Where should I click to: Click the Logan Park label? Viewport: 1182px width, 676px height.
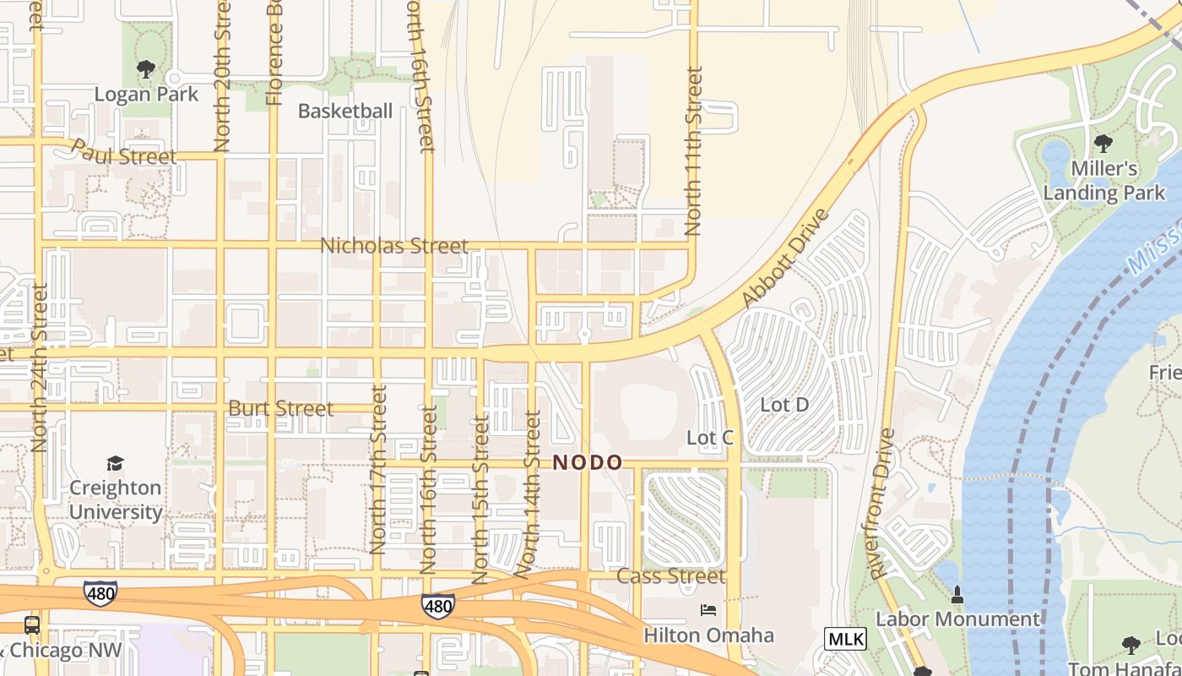(x=146, y=94)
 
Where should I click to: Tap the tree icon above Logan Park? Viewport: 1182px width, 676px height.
(x=146, y=68)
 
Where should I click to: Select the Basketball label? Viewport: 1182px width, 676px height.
(x=345, y=111)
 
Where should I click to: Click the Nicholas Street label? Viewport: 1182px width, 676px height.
(x=394, y=246)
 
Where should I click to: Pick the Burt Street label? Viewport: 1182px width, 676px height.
(x=281, y=408)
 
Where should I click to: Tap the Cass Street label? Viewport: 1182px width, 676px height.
(x=671, y=576)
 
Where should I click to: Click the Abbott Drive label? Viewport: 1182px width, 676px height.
(x=785, y=258)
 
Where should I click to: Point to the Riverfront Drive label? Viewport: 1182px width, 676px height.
(x=883, y=504)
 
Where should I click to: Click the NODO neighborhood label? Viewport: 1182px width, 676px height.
(x=588, y=463)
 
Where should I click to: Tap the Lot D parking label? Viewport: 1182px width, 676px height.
(x=784, y=405)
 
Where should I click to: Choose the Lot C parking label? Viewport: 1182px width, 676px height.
(x=710, y=438)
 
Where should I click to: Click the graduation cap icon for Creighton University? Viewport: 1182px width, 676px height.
(x=116, y=463)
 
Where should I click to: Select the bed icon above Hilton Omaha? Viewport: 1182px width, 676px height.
(x=708, y=610)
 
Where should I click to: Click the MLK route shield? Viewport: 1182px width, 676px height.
(x=845, y=639)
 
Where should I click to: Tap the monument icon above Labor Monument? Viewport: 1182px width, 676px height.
(x=957, y=595)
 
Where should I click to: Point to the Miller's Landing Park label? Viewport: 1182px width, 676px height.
(x=1103, y=181)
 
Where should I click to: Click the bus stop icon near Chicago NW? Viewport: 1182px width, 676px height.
(x=32, y=625)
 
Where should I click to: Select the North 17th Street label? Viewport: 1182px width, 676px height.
(x=377, y=470)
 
